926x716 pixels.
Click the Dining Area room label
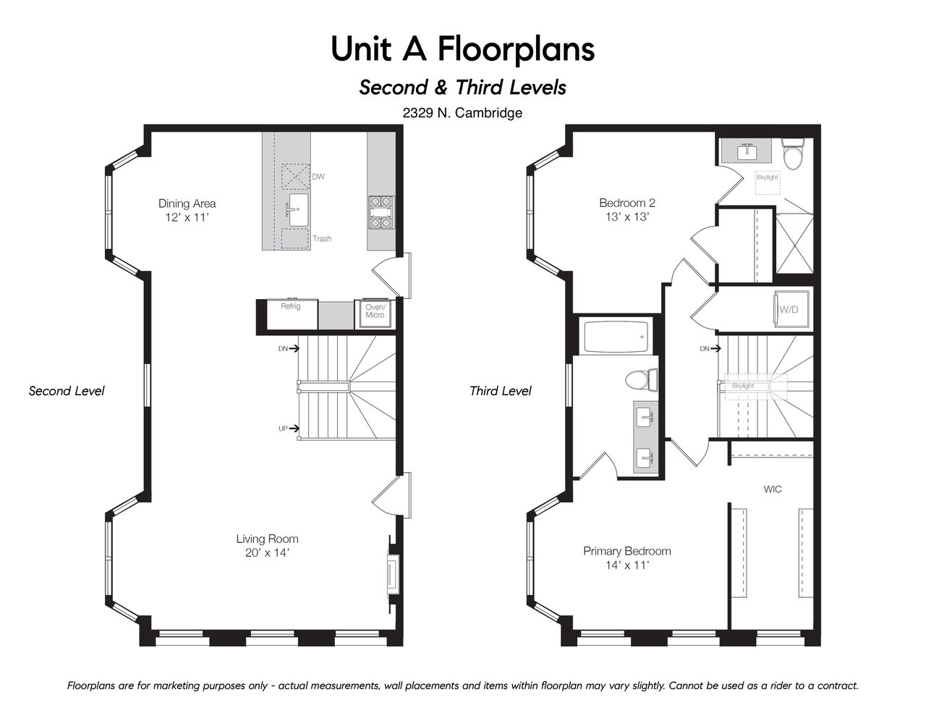[x=187, y=203]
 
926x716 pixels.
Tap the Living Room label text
[x=267, y=539]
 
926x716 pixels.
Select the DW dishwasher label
[x=318, y=177]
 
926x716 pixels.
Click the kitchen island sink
[x=298, y=210]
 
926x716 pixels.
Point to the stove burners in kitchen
[x=381, y=212]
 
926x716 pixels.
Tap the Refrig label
[x=290, y=306]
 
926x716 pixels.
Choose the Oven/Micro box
[x=375, y=313]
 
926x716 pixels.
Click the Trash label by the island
[x=322, y=239]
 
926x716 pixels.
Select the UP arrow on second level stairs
[x=294, y=429]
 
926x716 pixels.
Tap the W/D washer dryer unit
[x=791, y=309]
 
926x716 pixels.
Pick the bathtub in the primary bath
[x=616, y=337]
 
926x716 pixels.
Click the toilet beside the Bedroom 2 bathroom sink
[x=793, y=153]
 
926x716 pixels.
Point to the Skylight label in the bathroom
[x=767, y=177]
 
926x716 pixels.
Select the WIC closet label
[x=773, y=489]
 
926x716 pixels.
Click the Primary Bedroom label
[x=626, y=551]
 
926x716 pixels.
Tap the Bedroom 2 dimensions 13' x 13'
[x=626, y=216]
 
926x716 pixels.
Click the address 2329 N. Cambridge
[x=462, y=113]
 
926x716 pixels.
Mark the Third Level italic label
[x=501, y=391]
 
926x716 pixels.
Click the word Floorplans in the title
[x=516, y=49]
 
